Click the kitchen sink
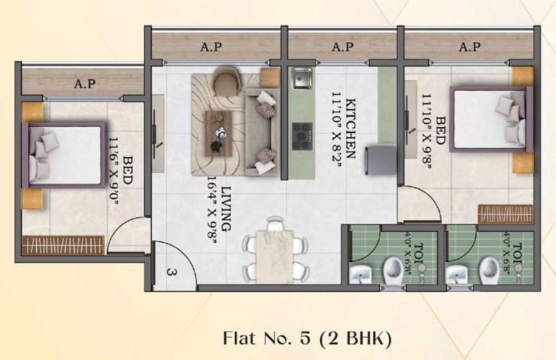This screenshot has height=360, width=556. (x=302, y=78)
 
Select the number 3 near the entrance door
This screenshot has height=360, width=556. (x=171, y=272)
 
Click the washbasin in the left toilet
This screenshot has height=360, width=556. (x=360, y=273)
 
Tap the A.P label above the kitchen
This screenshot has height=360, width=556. (x=342, y=48)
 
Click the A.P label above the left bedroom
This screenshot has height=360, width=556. (x=85, y=84)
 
